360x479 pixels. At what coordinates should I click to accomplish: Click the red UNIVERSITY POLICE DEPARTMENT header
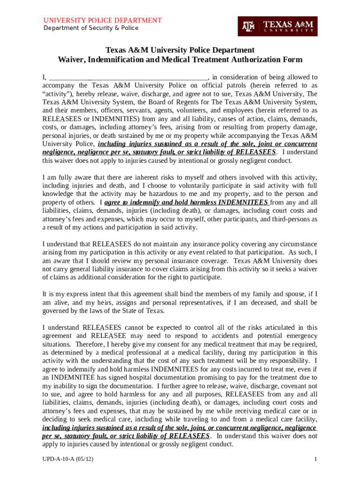tap(102, 21)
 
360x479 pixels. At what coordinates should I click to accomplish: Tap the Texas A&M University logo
tap(278, 26)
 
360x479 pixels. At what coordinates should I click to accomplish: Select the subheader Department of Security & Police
tap(91, 28)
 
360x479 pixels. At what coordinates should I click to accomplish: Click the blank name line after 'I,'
tap(128, 77)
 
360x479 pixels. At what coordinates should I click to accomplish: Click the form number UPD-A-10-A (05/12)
tap(68, 460)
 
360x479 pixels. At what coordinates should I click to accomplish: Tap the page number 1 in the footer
tap(316, 460)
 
